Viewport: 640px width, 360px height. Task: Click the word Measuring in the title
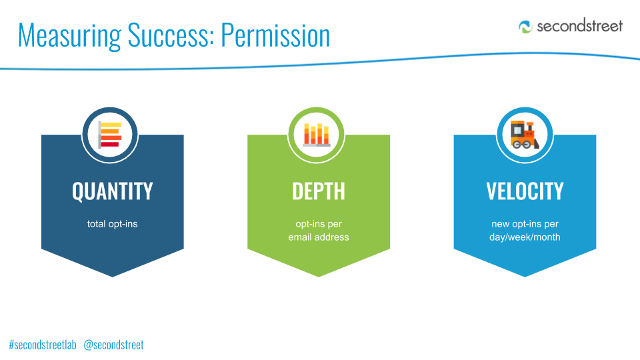[69, 36]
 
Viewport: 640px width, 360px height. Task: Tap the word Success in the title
[171, 35]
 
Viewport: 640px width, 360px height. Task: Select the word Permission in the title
[275, 35]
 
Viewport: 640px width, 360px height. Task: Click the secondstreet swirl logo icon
[525, 27]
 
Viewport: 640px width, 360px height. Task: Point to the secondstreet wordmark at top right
[579, 26]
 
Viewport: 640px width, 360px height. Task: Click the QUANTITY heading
[112, 191]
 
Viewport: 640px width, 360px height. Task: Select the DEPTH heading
[319, 191]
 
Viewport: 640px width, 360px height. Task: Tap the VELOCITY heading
[525, 191]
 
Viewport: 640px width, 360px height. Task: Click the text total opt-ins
[112, 224]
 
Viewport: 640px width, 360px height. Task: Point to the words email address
[319, 237]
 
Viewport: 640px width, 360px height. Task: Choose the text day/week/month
[525, 237]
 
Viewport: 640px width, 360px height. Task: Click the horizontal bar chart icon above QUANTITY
[110, 134]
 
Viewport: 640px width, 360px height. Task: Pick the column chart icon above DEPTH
[316, 135]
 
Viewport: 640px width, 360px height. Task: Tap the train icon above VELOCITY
[525, 134]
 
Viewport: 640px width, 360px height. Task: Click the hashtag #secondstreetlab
[43, 345]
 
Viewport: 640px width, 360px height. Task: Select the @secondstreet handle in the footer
[113, 345]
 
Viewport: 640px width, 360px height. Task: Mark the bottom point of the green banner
[319, 277]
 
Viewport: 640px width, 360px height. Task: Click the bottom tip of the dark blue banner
[112, 277]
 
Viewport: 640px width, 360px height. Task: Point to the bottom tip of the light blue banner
[525, 277]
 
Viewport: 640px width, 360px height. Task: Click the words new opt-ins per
[525, 224]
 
